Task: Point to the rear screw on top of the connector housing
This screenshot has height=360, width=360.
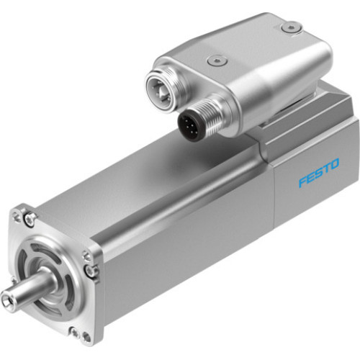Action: click(290, 27)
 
